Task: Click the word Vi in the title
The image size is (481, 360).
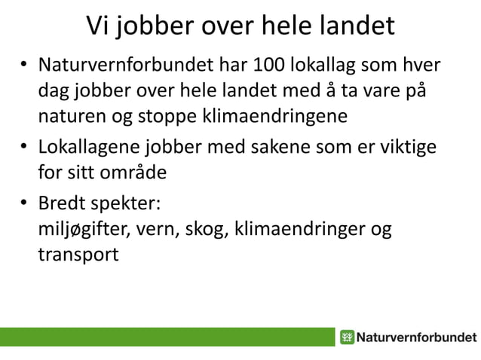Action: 99,28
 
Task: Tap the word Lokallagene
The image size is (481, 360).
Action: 84,146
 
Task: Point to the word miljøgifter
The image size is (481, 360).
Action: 84,228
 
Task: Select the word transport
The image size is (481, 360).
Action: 78,253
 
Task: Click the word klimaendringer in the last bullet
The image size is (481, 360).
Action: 300,228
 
